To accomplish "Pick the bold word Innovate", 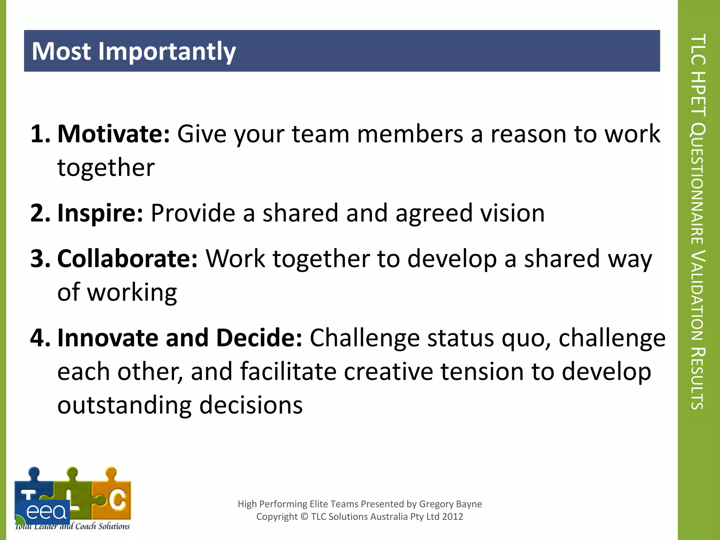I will tap(108, 338).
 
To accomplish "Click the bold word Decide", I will tap(259, 338).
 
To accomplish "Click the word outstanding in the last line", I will tap(124, 405).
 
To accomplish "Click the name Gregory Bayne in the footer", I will tap(450, 504).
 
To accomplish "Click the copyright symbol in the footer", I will tap(304, 516).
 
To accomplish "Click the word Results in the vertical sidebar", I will tap(697, 378).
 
